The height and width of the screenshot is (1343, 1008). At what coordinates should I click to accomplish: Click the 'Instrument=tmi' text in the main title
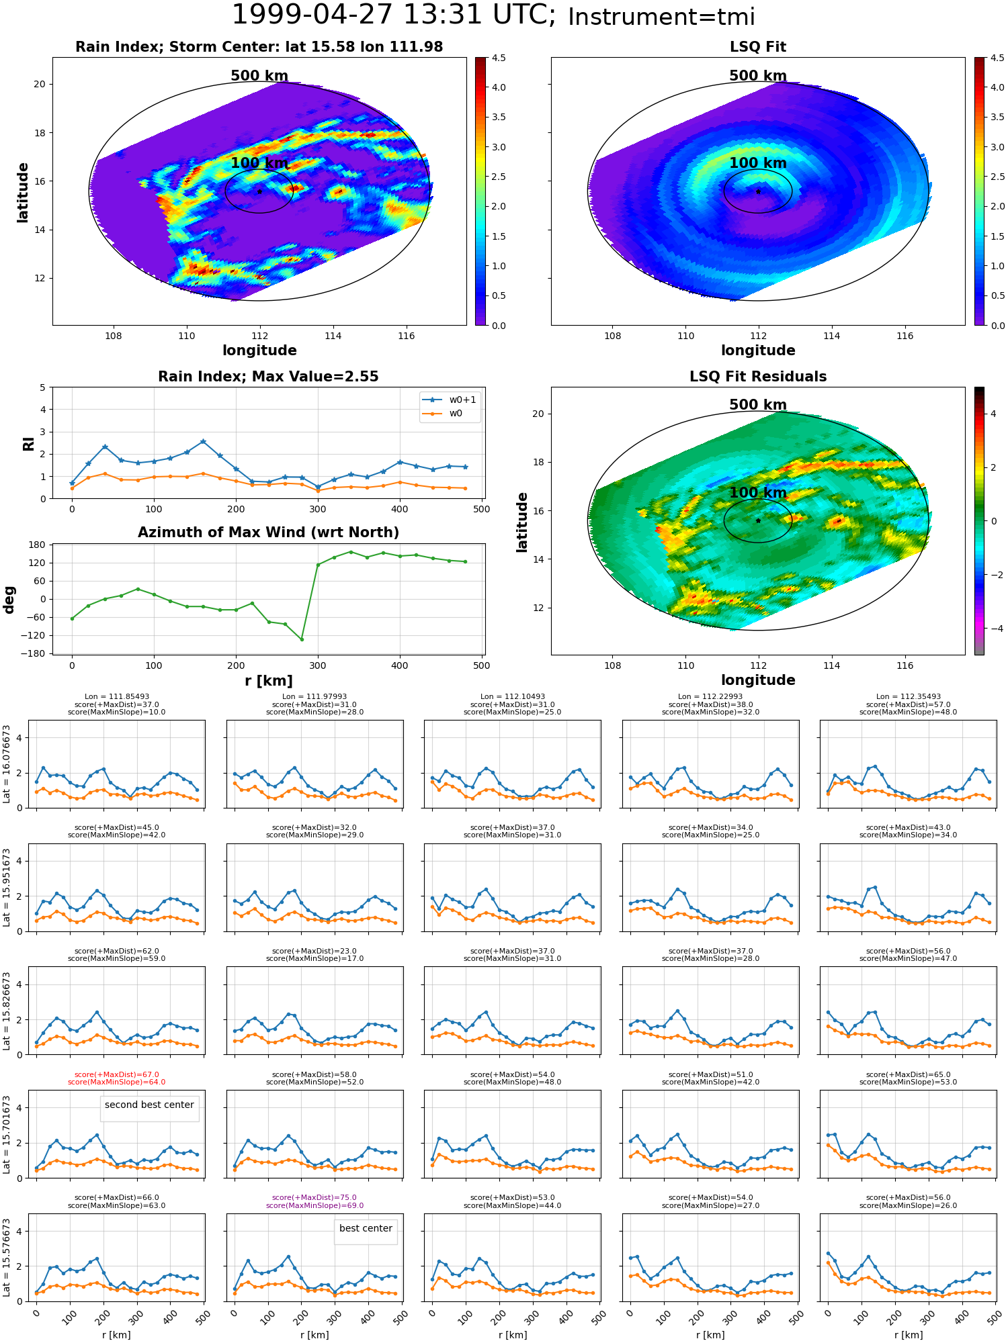point(661,17)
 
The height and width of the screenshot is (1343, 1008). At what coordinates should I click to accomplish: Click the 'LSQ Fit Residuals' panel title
point(758,377)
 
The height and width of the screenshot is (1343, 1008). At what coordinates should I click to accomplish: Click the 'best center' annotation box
point(366,1228)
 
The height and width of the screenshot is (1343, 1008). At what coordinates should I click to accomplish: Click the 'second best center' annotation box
point(149,1105)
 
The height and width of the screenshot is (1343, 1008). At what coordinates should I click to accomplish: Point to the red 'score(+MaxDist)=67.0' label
point(117,1074)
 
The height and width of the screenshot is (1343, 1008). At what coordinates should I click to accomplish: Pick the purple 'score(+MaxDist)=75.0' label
point(314,1197)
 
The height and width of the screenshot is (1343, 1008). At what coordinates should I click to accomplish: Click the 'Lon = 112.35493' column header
point(909,697)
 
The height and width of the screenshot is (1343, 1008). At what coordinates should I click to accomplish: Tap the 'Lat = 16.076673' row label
point(7,764)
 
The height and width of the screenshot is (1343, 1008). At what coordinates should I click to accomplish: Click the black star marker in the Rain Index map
point(259,191)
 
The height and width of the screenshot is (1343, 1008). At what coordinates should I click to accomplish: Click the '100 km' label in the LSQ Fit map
point(758,163)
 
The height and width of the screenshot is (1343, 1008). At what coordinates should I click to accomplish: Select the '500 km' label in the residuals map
point(758,405)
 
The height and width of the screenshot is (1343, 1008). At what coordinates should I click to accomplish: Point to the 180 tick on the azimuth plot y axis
point(38,545)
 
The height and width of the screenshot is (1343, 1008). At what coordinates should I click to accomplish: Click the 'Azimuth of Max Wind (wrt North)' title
point(268,532)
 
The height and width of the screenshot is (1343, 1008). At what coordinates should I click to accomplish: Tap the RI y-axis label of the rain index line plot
point(28,443)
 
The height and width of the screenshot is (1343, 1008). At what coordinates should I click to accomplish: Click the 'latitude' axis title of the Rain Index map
point(23,192)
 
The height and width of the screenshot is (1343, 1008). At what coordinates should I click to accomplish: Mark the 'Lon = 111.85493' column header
point(117,697)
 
